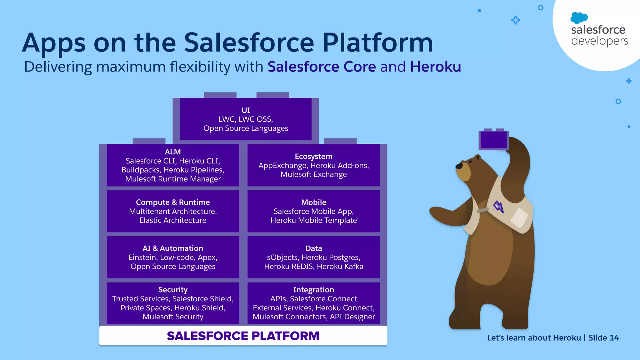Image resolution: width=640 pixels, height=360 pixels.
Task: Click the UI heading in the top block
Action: click(246, 110)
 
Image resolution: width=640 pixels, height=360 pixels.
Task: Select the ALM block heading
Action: click(173, 152)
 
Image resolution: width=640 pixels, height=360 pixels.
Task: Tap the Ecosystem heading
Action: click(313, 156)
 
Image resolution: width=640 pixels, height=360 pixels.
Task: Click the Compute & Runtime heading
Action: click(173, 202)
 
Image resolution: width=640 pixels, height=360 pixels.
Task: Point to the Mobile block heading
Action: click(313, 202)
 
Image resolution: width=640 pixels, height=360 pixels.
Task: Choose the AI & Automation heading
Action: click(173, 248)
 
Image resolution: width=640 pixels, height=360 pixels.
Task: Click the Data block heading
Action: click(313, 248)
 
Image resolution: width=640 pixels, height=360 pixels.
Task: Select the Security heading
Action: click(173, 290)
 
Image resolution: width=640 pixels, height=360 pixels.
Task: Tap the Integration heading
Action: click(313, 290)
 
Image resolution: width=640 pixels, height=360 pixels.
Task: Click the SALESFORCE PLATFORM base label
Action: click(243, 336)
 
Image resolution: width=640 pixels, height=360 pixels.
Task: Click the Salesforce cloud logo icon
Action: click(579, 18)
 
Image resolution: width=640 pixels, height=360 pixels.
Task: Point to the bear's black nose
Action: click(459, 166)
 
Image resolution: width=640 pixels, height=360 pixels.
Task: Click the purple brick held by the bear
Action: click(493, 140)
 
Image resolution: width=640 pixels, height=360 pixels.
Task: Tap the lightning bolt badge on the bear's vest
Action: click(498, 207)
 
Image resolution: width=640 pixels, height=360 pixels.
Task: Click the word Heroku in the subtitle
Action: click(435, 67)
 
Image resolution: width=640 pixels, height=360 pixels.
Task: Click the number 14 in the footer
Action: click(614, 338)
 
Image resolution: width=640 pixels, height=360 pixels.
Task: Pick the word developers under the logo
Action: click(599, 41)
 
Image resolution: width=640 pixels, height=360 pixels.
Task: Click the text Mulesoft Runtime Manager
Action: click(173, 179)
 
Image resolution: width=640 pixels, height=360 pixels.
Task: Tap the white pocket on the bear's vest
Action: click(519, 217)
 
